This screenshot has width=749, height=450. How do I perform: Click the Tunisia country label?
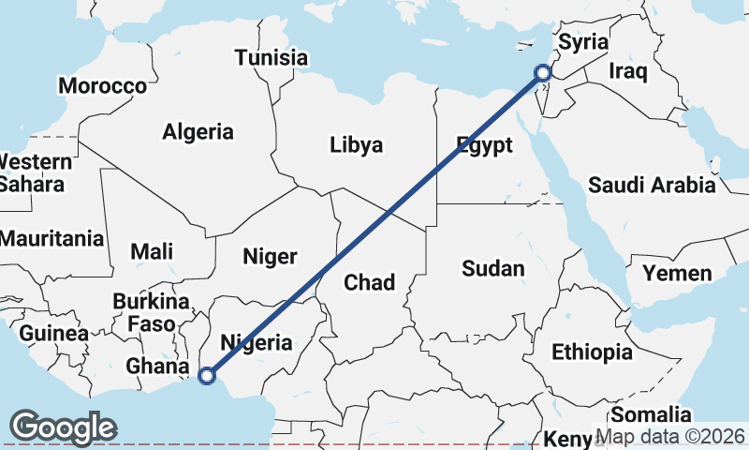tap(272, 57)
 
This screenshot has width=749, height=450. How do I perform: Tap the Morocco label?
tap(103, 86)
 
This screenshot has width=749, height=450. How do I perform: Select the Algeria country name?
tap(198, 132)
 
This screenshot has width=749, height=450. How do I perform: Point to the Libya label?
tap(356, 144)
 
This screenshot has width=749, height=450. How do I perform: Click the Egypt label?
tap(484, 144)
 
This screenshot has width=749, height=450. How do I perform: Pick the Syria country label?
tap(583, 43)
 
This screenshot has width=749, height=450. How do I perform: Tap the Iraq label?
tap(627, 71)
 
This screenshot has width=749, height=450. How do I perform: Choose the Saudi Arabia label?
tap(652, 185)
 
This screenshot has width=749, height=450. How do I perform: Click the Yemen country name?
tap(677, 274)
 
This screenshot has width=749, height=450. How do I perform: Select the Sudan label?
tap(493, 269)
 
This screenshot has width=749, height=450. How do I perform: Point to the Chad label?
tap(370, 281)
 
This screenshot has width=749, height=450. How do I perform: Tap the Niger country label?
tap(270, 256)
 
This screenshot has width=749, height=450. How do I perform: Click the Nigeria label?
tap(255, 342)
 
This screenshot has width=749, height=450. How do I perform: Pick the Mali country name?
tap(152, 251)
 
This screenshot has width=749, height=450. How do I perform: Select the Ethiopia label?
tap(592, 352)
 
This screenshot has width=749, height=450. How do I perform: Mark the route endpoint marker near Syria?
tap(543, 72)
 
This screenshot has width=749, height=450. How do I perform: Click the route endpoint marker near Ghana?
tap(207, 376)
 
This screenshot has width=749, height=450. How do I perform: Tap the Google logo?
tap(63, 427)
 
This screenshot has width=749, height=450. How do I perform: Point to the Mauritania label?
tap(51, 237)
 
